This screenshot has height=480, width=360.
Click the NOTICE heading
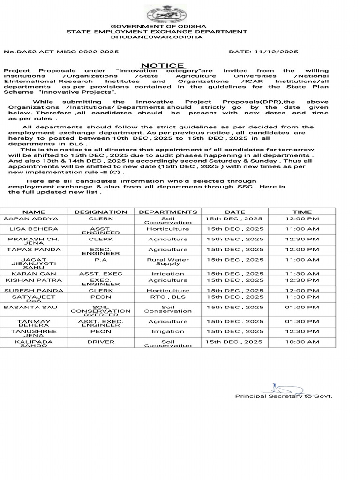pyautogui.click(x=163, y=66)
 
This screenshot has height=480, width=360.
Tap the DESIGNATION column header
pyautogui.click(x=101, y=212)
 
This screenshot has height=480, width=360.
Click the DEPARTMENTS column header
pyautogui.click(x=168, y=212)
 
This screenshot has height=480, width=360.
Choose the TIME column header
pyautogui.click(x=302, y=212)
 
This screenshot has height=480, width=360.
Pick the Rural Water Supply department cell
pyautogui.click(x=168, y=262)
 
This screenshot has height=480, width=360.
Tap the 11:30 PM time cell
pyautogui.click(x=302, y=297)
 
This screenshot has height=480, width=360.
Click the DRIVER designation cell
pyautogui.click(x=101, y=342)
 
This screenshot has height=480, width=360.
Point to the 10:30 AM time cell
pyautogui.click(x=302, y=342)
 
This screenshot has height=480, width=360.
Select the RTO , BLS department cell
pyautogui.click(x=168, y=297)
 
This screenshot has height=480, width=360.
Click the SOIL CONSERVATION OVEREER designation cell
pyautogui.click(x=101, y=311)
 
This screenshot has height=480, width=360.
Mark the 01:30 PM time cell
pyautogui.click(x=302, y=322)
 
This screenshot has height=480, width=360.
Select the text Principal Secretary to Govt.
pyautogui.click(x=283, y=396)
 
